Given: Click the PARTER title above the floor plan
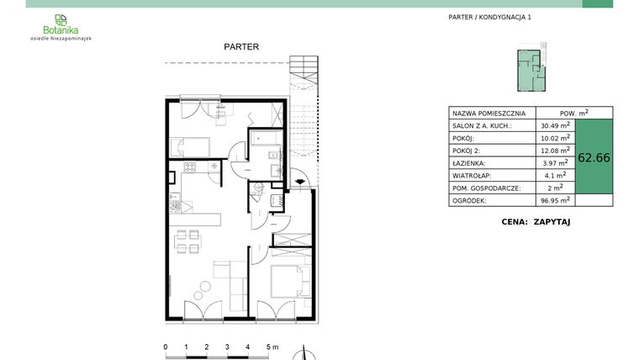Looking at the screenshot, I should [x=241, y=47].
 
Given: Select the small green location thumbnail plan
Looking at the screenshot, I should [x=530, y=71].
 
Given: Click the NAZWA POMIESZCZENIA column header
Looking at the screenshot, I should [x=488, y=113].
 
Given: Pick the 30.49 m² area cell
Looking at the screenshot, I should [x=555, y=125].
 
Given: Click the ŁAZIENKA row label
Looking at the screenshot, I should [x=468, y=163].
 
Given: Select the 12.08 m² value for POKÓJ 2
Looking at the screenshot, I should [x=555, y=151].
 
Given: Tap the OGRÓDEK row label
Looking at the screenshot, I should [x=468, y=201].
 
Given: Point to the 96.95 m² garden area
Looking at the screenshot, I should [x=555, y=201].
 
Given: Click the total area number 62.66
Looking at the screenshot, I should [x=594, y=157].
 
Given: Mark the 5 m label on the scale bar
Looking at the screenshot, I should [x=271, y=347].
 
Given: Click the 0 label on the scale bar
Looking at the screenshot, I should [x=166, y=347].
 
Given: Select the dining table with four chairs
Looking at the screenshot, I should [x=187, y=243].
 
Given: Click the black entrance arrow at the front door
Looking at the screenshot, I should [x=301, y=180].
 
